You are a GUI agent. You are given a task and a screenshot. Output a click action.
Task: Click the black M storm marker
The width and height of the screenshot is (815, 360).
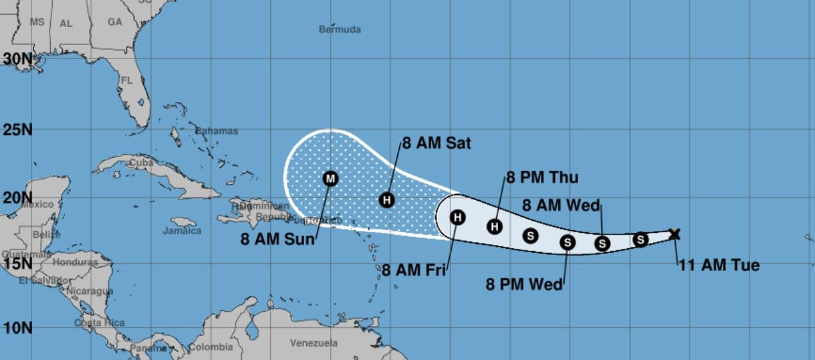click(330, 178)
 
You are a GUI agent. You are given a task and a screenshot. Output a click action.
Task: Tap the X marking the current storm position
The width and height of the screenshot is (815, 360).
click(674, 234)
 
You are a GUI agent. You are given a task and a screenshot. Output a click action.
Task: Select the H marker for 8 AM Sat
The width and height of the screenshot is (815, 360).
click(386, 200)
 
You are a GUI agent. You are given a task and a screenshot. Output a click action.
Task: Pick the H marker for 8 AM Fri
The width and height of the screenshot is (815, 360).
click(457, 218)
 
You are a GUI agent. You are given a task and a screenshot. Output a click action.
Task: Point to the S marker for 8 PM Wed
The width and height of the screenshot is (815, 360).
click(567, 242)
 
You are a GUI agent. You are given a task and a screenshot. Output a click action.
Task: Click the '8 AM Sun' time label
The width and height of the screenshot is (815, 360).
click(278, 239)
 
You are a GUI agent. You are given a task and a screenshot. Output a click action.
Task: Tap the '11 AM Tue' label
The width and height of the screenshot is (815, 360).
click(719, 265)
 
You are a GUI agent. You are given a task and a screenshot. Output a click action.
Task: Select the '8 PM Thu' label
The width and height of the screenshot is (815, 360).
click(542, 178)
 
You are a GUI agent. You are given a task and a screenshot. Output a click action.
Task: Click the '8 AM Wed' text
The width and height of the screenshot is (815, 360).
click(561, 205)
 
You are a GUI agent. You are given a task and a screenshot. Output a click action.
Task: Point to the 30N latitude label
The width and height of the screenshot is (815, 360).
click(17, 59)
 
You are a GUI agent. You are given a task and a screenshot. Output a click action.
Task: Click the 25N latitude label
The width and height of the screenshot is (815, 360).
click(17, 130)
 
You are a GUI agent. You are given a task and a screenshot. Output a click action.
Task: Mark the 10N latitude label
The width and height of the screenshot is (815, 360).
click(17, 328)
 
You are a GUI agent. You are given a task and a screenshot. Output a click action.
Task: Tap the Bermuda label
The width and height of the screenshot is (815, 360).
click(339, 30)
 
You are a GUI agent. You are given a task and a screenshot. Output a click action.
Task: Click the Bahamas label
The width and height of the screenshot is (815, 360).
click(216, 131)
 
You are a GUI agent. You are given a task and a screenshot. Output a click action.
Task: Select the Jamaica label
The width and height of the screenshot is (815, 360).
click(182, 231)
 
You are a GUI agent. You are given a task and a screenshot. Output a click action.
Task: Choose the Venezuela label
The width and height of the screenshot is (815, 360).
click(313, 343)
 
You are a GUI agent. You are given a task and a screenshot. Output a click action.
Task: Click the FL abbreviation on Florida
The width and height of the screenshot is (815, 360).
click(126, 81)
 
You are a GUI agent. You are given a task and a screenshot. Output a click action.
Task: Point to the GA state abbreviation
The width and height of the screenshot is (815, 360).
click(115, 22)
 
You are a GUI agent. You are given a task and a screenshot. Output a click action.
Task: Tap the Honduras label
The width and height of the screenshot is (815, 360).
click(74, 262)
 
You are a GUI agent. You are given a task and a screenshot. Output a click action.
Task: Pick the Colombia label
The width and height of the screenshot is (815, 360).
click(210, 348)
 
